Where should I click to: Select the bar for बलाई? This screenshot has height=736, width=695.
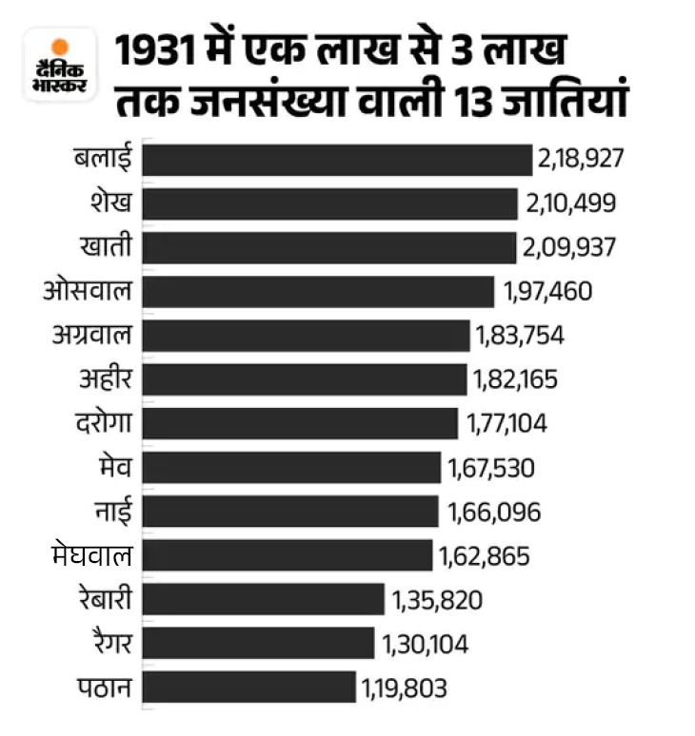tap(337, 160)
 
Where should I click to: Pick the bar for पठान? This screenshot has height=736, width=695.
tap(249, 688)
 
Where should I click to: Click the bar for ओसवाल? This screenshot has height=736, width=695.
tap(318, 291)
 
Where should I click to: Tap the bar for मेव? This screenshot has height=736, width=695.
tap(292, 467)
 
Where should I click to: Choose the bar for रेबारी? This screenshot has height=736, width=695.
tap(264, 599)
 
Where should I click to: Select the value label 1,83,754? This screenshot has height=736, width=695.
tap(518, 336)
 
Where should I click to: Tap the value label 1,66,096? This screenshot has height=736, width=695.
tap(494, 512)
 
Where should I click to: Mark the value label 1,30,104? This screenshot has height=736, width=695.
tap(425, 644)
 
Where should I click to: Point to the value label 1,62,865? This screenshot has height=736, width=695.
tap(484, 555)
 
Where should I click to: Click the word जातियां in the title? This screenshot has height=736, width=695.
tap(579, 101)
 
